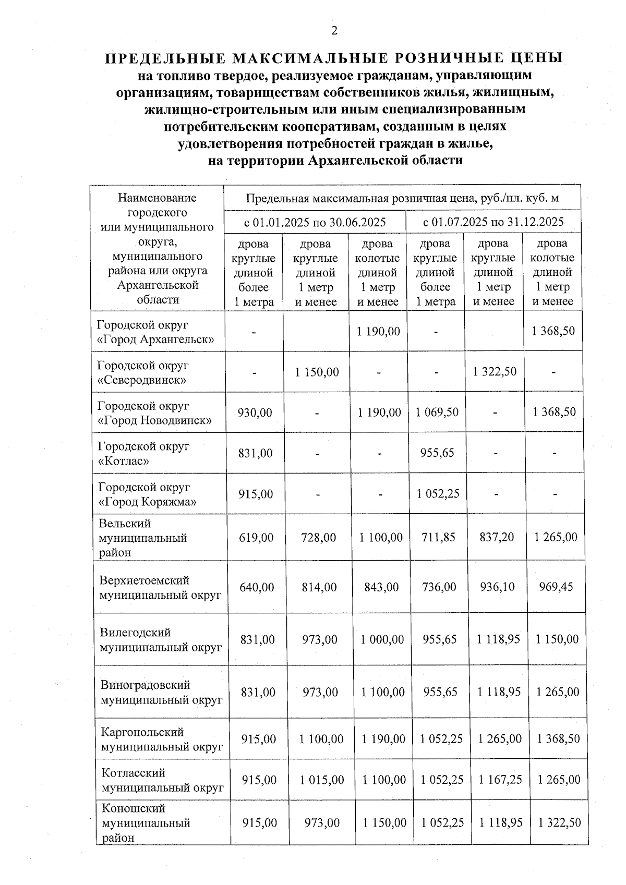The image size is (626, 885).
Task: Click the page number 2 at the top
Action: click(x=334, y=31)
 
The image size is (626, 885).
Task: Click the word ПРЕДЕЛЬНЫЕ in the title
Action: click(x=163, y=58)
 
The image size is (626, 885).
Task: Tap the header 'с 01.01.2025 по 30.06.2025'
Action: click(x=315, y=222)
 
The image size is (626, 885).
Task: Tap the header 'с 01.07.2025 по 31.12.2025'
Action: click(x=493, y=222)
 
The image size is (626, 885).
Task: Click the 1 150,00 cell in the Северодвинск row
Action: click(x=317, y=372)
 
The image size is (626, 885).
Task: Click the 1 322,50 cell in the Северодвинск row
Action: click(x=495, y=371)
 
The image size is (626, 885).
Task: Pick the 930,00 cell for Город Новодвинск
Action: click(x=255, y=413)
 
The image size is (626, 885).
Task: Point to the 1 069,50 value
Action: click(x=437, y=412)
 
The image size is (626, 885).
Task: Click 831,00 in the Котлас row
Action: click(x=255, y=453)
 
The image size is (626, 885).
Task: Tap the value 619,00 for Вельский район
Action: click(x=256, y=537)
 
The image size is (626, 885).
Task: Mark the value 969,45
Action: click(x=556, y=587)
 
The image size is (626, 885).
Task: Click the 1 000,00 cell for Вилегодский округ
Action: click(x=382, y=639)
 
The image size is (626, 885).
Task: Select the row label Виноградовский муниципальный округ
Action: click(x=161, y=692)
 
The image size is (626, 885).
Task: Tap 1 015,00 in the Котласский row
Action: click(x=322, y=780)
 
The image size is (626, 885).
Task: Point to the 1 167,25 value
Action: click(x=500, y=780)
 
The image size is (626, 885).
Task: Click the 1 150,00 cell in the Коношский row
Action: click(x=384, y=823)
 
